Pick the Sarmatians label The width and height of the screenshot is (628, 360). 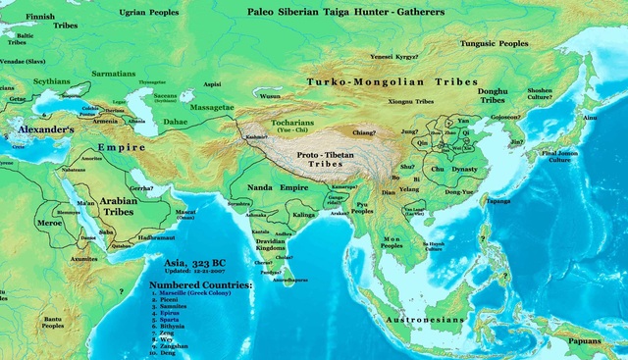click(113, 72)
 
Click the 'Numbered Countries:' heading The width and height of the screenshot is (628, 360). click(200, 284)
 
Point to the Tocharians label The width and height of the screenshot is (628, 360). click(281, 126)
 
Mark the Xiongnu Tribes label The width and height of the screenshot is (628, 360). click(411, 100)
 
